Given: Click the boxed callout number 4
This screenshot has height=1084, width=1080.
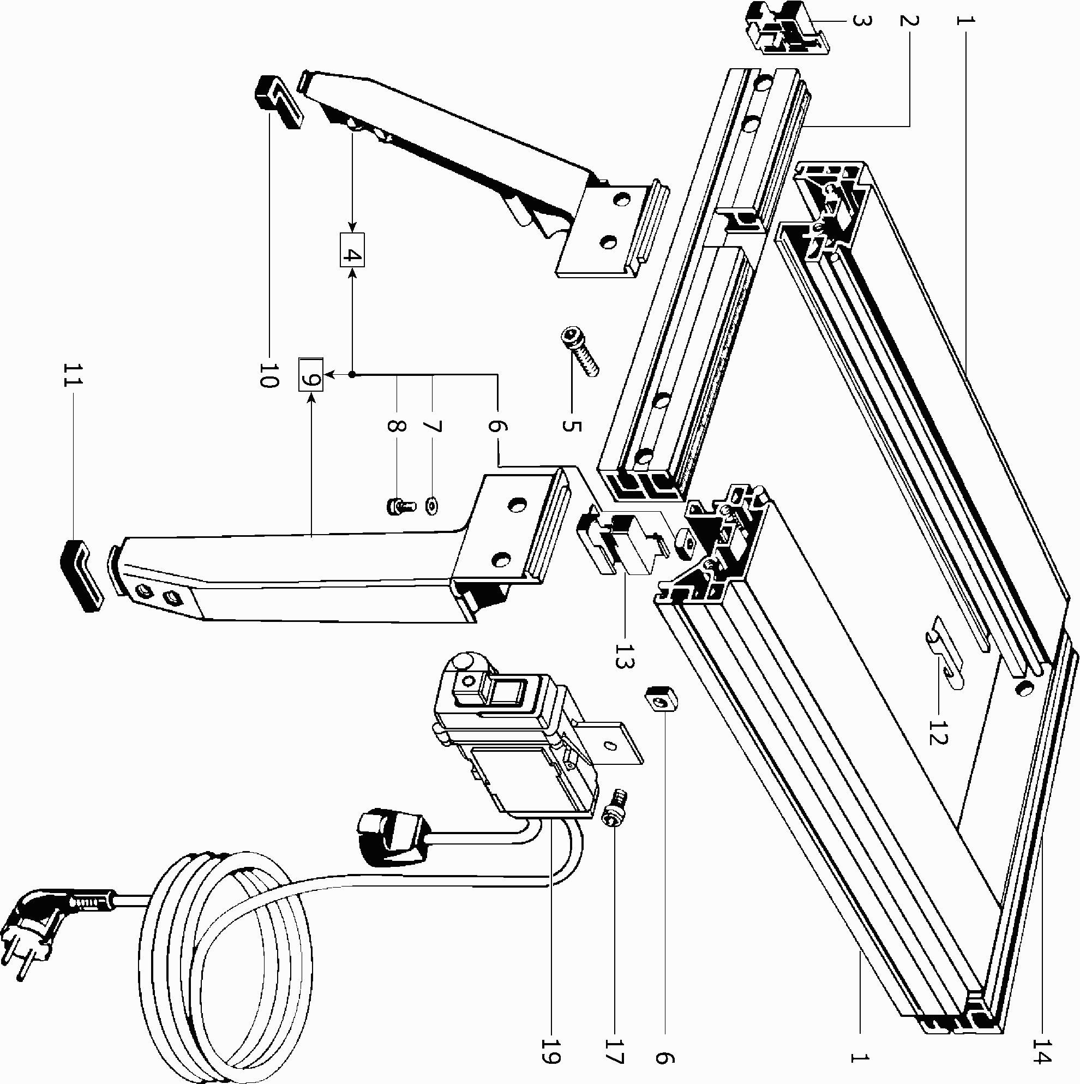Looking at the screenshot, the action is tap(352, 250).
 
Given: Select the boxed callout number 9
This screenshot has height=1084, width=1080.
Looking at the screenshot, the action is tap(310, 374).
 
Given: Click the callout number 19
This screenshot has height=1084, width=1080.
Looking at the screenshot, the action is tap(551, 1056).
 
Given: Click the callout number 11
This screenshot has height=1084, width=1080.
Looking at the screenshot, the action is tap(73, 375).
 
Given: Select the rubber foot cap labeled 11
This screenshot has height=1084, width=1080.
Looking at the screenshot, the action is tap(82, 575).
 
